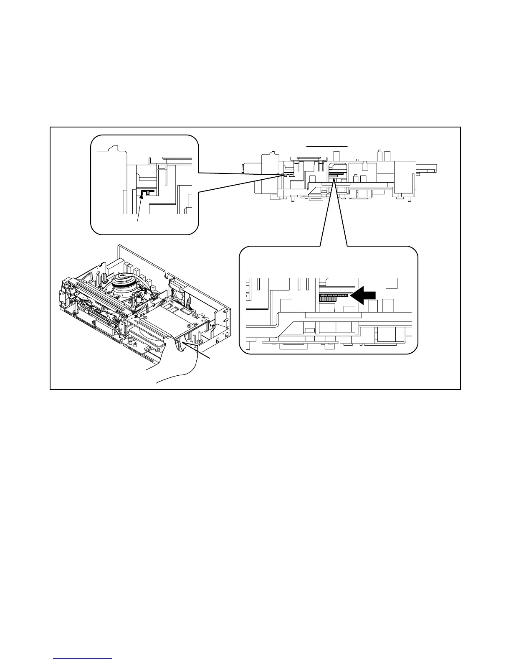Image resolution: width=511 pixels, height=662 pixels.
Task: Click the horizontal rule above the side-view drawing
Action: click(327, 146)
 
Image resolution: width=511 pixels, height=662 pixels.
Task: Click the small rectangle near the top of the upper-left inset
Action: click(161, 166)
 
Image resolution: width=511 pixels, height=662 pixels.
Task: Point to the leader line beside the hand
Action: click(196, 351)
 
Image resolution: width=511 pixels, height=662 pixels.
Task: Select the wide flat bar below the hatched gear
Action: click(333, 314)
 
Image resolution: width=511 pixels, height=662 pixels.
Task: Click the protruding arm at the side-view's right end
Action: click(427, 168)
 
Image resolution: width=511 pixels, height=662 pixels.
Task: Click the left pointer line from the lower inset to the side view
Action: click(327, 213)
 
